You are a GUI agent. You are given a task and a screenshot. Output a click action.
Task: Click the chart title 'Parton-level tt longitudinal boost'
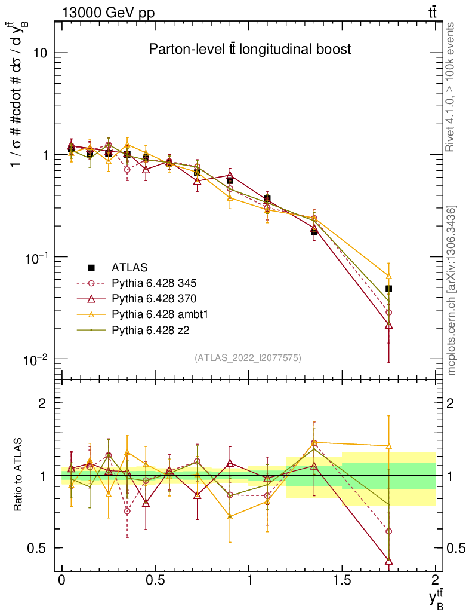(x=249, y=50)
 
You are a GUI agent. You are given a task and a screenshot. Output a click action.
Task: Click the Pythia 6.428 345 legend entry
(x=155, y=283)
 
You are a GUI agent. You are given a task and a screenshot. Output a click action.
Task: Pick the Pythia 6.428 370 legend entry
(x=155, y=298)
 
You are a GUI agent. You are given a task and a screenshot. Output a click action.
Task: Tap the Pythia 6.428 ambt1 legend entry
(x=159, y=314)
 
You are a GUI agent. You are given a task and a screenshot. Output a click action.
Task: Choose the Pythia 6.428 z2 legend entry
(x=150, y=329)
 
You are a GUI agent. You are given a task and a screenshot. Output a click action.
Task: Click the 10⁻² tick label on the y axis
(x=36, y=359)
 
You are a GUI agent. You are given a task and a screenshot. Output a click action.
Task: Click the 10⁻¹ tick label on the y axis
(x=36, y=257)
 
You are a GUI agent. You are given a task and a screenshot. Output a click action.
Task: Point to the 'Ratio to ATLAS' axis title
(x=19, y=475)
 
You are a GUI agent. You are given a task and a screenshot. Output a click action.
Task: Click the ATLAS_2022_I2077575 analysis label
(x=248, y=358)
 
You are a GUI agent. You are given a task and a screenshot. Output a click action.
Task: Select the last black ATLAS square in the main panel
(x=388, y=289)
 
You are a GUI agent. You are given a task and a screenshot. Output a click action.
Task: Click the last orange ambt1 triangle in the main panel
(x=388, y=276)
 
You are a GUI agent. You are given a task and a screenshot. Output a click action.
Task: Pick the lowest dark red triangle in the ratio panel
(x=388, y=561)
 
